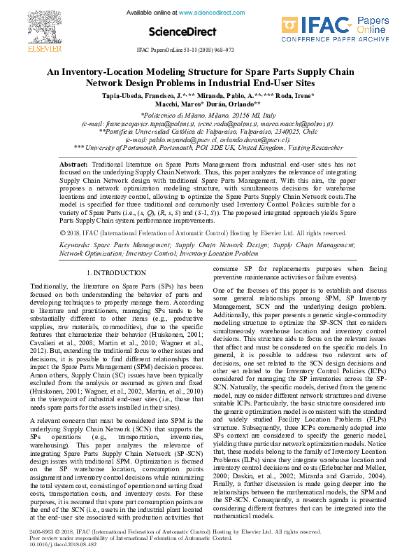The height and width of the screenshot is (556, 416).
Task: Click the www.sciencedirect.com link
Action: pos(208,13)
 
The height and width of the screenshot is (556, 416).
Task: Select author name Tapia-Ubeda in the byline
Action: pos(125,95)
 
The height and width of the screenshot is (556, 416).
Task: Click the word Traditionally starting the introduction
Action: pos(50,286)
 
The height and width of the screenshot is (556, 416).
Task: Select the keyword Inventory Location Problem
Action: pos(217,253)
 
